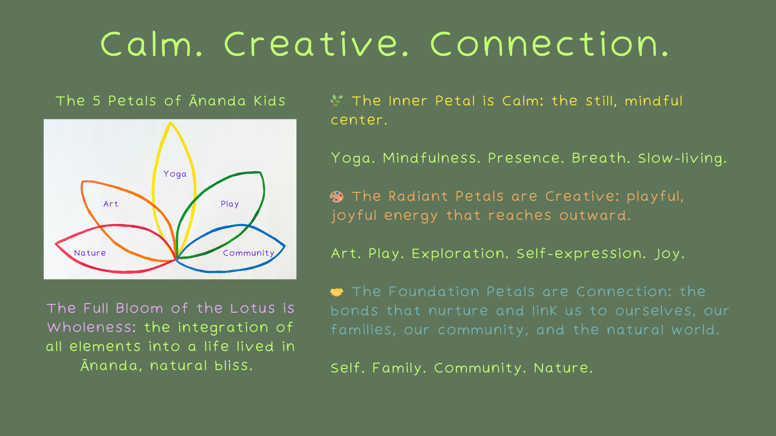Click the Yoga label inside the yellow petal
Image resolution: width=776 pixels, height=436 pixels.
click(175, 174)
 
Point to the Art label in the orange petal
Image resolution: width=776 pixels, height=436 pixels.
click(111, 204)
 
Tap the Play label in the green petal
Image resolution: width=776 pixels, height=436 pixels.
click(230, 204)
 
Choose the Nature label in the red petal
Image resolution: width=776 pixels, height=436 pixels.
click(90, 253)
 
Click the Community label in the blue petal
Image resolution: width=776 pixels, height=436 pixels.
click(249, 253)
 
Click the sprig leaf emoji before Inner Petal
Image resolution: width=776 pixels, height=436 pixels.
click(337, 101)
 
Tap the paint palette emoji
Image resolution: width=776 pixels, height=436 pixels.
click(337, 196)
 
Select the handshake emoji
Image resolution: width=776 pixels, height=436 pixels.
click(337, 291)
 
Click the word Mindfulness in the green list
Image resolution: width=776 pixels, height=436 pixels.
click(432, 158)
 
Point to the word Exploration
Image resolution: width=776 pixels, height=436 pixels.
click(460, 254)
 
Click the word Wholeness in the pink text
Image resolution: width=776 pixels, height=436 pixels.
click(92, 327)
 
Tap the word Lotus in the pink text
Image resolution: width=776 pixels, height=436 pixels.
click(253, 308)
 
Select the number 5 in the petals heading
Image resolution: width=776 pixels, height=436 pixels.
click(97, 101)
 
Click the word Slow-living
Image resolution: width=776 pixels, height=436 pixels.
click(682, 158)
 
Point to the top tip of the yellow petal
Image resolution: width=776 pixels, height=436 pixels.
click(171, 122)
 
